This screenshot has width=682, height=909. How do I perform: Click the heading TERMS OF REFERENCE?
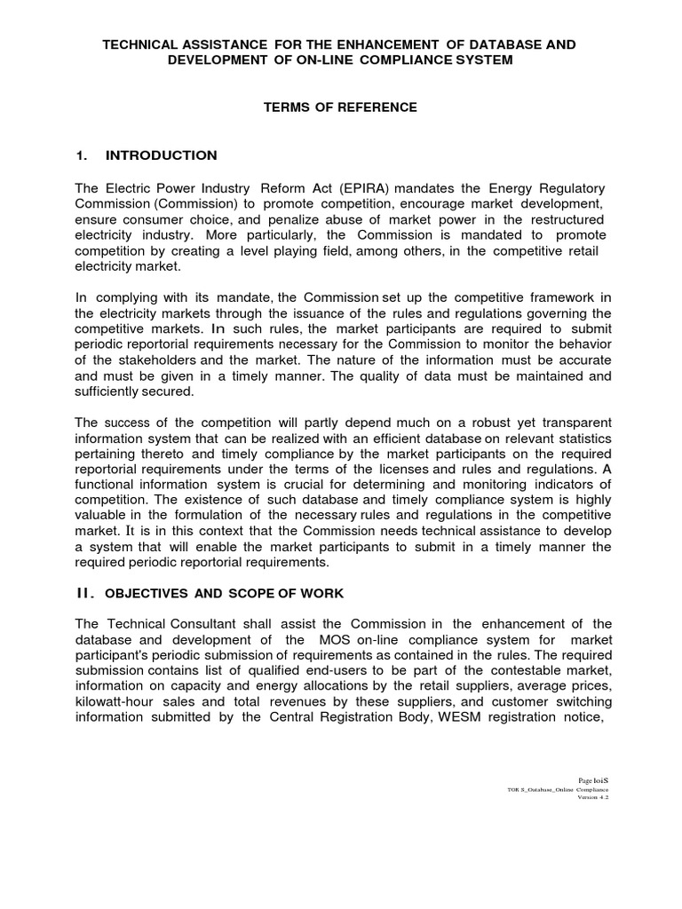click(x=340, y=107)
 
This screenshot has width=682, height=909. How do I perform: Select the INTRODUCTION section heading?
click(x=161, y=155)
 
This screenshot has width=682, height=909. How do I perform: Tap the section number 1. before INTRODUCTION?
click(x=82, y=155)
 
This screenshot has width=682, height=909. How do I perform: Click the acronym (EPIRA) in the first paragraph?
click(x=357, y=188)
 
